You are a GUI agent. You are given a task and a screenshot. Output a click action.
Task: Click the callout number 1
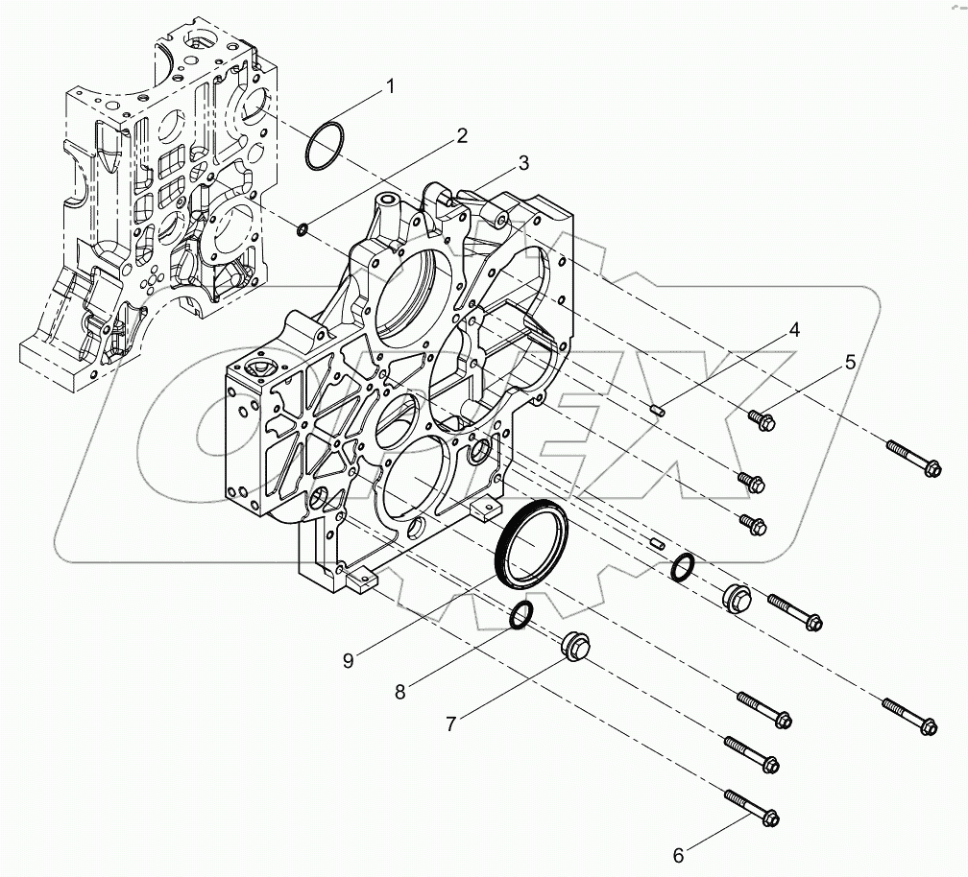[390, 87]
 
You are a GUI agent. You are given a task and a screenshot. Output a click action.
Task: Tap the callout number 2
[462, 135]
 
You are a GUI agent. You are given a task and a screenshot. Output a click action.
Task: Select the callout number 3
[522, 164]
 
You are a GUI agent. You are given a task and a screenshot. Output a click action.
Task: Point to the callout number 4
[794, 330]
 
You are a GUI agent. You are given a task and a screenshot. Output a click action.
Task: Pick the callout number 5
[850, 363]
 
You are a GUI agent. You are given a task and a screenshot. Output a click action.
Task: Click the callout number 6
[677, 854]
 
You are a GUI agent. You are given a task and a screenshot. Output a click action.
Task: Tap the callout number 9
[348, 660]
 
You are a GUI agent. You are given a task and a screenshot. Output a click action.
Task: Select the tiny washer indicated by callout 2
[303, 228]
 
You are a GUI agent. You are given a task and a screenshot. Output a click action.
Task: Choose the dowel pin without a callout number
[657, 543]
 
